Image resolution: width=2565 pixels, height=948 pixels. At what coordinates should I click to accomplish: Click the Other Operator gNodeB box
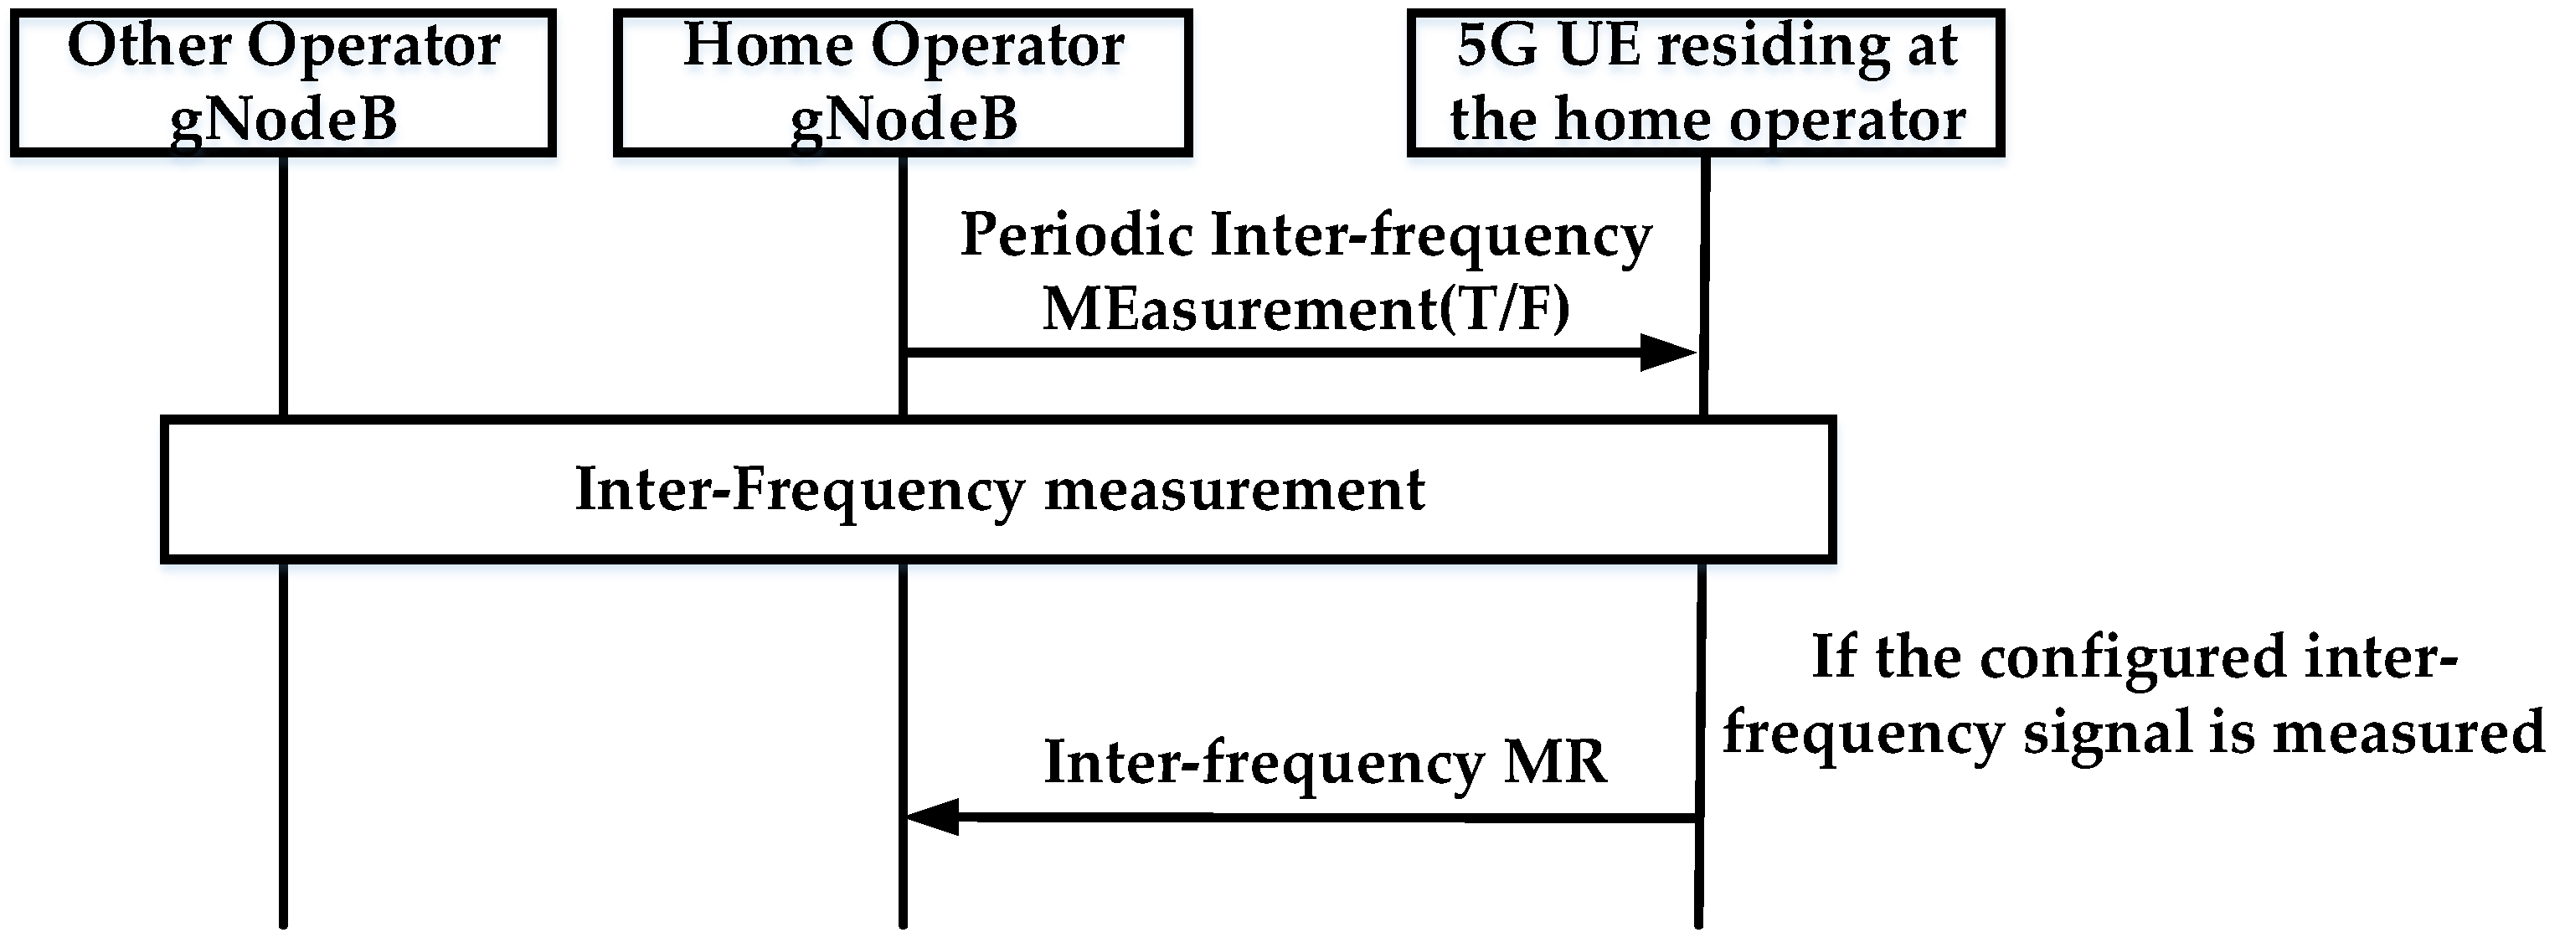click(283, 83)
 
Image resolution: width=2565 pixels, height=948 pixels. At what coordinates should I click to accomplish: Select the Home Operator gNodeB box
click(903, 83)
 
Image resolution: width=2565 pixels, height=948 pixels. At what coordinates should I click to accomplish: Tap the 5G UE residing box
click(1706, 83)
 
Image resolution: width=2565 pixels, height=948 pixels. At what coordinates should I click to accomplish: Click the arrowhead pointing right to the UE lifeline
click(1669, 353)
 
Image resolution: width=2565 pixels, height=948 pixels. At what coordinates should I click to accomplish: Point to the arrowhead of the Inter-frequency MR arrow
click(932, 817)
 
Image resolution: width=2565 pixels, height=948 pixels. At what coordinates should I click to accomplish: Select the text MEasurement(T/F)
click(1306, 309)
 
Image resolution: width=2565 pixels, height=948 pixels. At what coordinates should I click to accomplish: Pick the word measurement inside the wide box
click(1234, 490)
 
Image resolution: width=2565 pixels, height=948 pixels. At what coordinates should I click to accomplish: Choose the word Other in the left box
click(149, 46)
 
